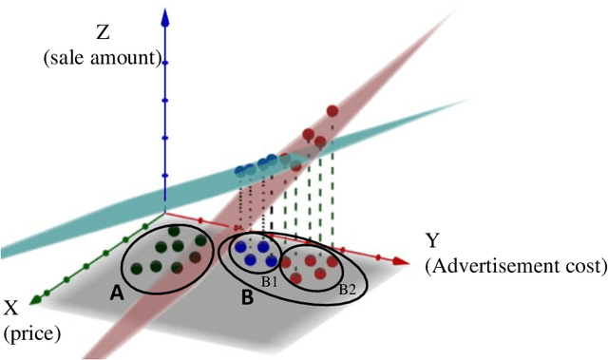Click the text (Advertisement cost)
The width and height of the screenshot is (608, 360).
516,265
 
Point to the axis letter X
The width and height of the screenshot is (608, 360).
13,309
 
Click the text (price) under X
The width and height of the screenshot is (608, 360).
30,333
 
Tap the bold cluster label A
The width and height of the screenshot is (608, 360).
117,294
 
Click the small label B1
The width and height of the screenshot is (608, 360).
269,281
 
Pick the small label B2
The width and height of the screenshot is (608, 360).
349,290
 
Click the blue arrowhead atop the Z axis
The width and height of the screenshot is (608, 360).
165,12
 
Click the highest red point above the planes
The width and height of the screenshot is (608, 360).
332,112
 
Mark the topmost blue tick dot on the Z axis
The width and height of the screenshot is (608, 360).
165,63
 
